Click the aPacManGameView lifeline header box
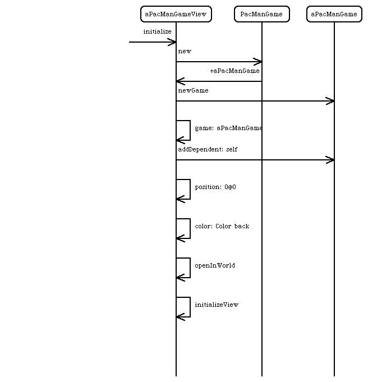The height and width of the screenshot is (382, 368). (176, 14)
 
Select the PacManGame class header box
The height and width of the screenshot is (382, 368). (262, 14)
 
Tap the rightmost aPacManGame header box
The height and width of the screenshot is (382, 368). (334, 14)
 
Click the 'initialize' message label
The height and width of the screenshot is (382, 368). (157, 31)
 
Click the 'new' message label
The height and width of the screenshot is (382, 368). (185, 52)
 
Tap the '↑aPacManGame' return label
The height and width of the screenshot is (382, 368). (234, 71)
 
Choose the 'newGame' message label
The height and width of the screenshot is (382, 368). (194, 91)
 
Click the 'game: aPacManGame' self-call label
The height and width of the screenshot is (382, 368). (228, 128)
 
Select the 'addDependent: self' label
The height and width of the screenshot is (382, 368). (208, 149)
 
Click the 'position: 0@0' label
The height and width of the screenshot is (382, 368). (215, 187)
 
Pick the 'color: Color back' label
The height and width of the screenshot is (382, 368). (222, 226)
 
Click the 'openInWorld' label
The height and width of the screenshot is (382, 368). (215, 265)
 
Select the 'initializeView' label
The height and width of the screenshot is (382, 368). (217, 305)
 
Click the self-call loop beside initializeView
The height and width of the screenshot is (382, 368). (190, 307)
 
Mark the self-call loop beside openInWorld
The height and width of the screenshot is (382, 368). (190, 268)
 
